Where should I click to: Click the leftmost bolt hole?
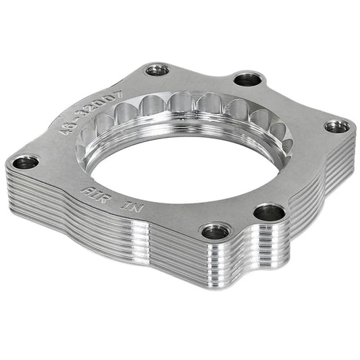tap(26, 161)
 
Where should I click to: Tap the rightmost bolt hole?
tap(336, 126)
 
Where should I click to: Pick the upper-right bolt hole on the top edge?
tap(248, 79)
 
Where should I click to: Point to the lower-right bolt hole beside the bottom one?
tap(269, 212)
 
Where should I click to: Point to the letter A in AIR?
tap(86, 188)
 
